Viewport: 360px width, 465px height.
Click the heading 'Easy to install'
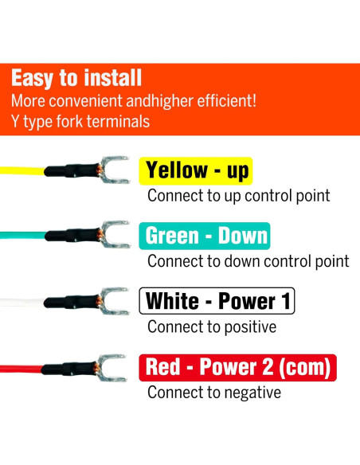[x=76, y=79]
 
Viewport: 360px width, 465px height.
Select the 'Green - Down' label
[x=206, y=236]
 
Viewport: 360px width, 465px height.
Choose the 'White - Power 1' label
[x=217, y=301]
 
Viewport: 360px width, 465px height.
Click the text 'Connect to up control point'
[x=238, y=195]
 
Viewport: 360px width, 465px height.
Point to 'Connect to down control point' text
[x=248, y=260]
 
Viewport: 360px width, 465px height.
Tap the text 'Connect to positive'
[x=212, y=326]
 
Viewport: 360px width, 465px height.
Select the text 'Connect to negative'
[x=214, y=393]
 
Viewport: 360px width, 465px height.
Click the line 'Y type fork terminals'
[x=80, y=122]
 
